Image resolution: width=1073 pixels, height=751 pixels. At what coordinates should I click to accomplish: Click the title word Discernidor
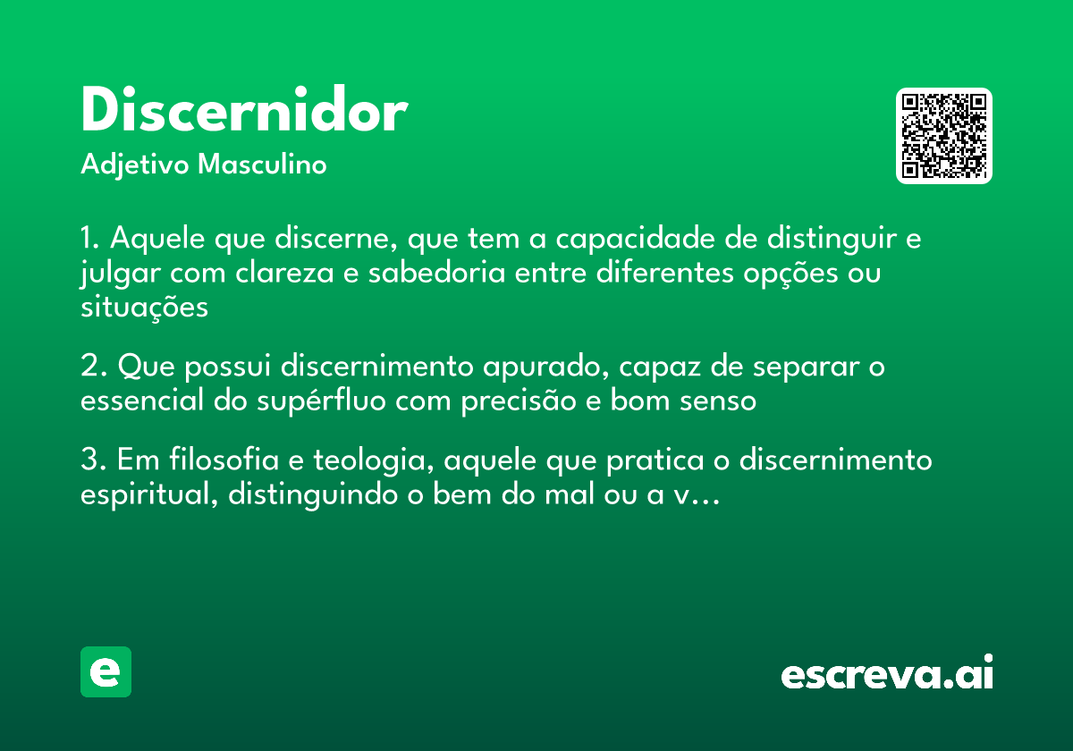(x=243, y=112)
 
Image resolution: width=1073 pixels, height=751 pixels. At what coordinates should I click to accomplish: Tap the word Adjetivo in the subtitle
(x=134, y=165)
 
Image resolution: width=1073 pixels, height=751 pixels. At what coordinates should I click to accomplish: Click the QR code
(x=944, y=136)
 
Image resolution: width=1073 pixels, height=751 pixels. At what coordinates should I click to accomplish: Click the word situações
(x=144, y=307)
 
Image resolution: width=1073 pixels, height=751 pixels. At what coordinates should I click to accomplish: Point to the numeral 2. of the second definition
(x=93, y=367)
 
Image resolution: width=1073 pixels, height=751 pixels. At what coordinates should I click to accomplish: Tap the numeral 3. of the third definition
(x=93, y=460)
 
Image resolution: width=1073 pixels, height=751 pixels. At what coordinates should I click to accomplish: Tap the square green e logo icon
(x=106, y=671)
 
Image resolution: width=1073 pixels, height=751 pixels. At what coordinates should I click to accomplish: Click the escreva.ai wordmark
(x=887, y=674)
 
